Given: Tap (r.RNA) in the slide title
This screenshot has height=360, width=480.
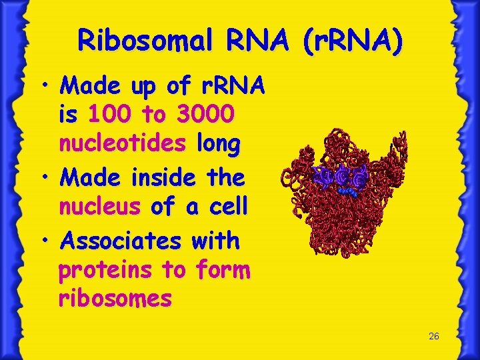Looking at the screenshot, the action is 353,41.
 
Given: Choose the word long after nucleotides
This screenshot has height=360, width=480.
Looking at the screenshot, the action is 217,144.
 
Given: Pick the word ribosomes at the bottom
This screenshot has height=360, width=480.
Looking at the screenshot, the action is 115,298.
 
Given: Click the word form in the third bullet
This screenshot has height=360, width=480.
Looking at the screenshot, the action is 223,270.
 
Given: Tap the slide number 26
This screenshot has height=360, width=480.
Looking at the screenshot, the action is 433,337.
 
